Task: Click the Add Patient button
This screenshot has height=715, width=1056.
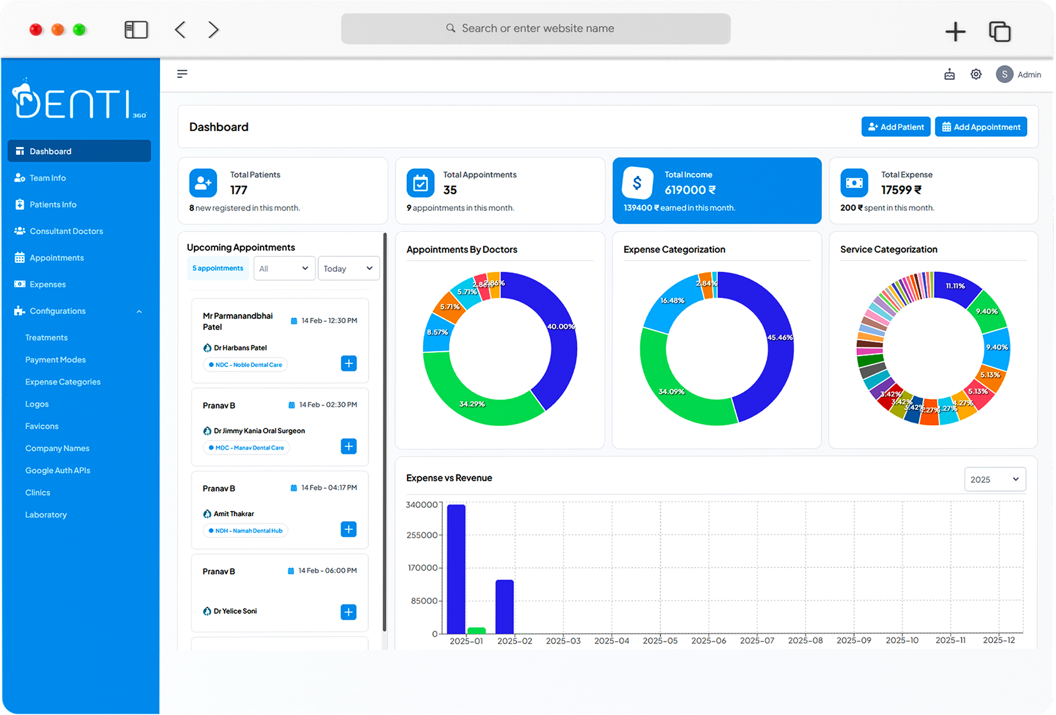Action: pyautogui.click(x=895, y=127)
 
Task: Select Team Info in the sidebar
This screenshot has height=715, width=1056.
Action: pyautogui.click(x=47, y=178)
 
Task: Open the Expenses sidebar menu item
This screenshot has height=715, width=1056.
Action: pyautogui.click(x=47, y=285)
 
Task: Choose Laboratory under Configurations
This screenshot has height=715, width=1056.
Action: pyautogui.click(x=45, y=515)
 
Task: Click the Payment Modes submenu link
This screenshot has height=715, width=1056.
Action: pyautogui.click(x=55, y=360)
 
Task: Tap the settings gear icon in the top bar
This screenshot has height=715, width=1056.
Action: pyautogui.click(x=975, y=74)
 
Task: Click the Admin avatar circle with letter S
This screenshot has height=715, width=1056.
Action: pyautogui.click(x=1004, y=74)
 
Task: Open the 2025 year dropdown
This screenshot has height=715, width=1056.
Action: pyautogui.click(x=995, y=480)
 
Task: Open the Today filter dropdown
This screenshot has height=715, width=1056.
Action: pyautogui.click(x=348, y=269)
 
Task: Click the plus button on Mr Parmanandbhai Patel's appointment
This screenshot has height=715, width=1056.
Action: pyautogui.click(x=349, y=363)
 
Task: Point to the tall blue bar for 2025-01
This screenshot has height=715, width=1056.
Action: pyautogui.click(x=456, y=569)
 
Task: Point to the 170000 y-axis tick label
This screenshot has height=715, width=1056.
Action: pyautogui.click(x=422, y=568)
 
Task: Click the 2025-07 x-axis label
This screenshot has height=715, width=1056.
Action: pyautogui.click(x=756, y=640)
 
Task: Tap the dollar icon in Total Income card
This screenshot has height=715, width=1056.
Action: pyautogui.click(x=637, y=184)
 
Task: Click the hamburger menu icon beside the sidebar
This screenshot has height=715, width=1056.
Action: pyautogui.click(x=182, y=74)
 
